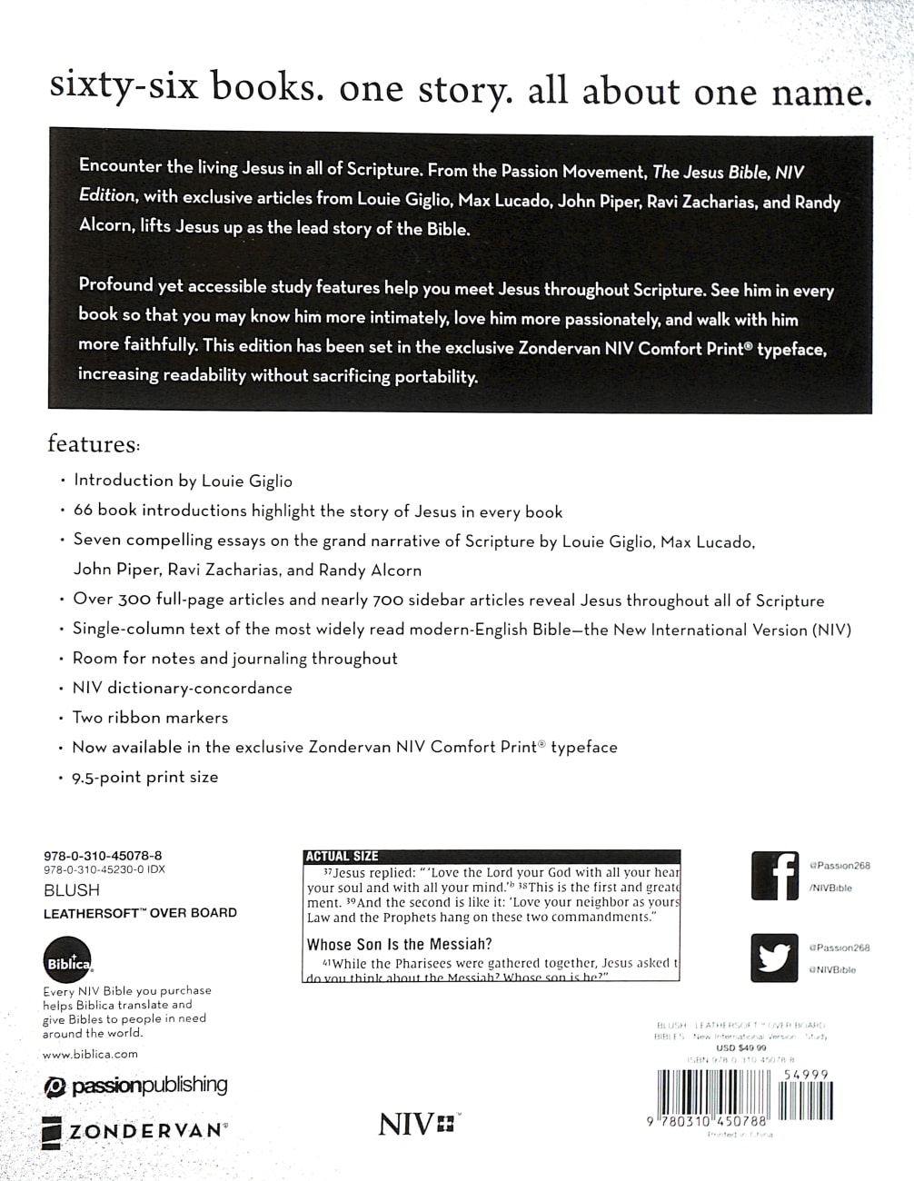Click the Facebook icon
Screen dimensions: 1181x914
775,876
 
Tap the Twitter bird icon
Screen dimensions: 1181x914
775,958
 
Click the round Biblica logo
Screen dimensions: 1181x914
67,961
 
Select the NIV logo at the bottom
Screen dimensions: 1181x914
418,1124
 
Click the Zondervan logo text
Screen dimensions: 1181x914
134,1131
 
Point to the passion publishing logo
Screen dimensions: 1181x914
135,1085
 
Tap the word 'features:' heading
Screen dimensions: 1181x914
94,444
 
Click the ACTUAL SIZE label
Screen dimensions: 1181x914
343,856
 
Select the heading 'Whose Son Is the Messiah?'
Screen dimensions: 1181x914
400,944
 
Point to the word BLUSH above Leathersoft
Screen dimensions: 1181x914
72,891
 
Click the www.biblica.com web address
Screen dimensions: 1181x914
90,1054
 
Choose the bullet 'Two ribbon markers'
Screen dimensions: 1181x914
150,718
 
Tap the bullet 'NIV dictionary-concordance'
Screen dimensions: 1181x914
182,688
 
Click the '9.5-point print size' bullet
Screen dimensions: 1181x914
145,777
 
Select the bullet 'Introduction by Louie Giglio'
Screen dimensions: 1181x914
183,481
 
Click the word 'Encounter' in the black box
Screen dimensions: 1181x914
122,166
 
